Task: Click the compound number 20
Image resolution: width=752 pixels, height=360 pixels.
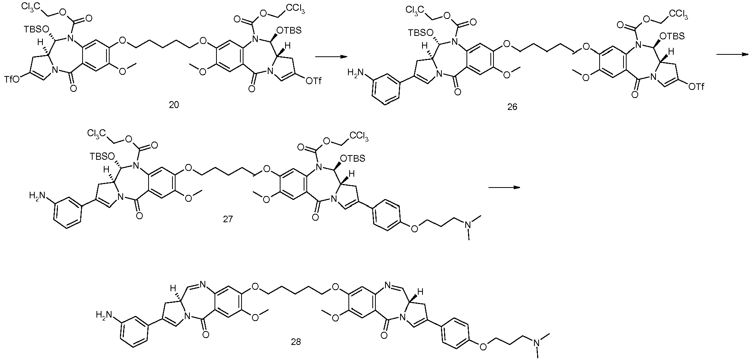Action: [174, 105]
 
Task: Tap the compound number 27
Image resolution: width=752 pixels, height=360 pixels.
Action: [228, 220]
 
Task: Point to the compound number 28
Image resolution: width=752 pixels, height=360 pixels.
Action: [296, 341]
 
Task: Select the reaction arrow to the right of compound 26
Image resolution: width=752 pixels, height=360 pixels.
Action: [732, 54]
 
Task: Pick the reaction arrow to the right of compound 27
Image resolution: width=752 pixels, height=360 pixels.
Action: [504, 188]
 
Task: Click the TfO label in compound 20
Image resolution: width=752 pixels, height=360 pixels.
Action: [13, 80]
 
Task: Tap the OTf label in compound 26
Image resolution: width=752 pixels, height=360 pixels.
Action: [698, 88]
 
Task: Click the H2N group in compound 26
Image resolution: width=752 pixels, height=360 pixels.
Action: [356, 72]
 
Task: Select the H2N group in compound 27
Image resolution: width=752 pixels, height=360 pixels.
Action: [37, 197]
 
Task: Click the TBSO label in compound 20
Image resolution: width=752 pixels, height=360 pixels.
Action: [35, 29]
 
